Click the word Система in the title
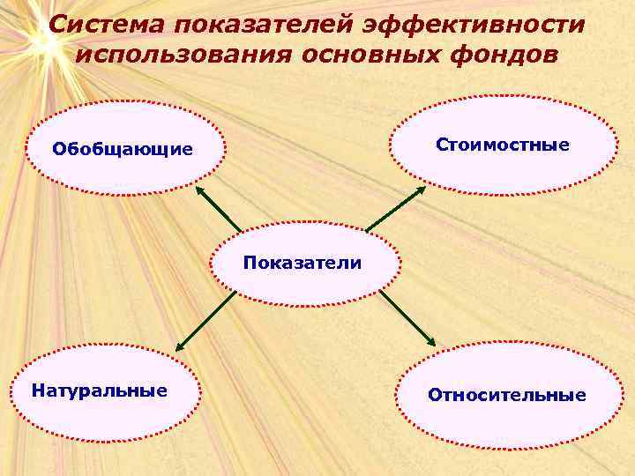[104, 25]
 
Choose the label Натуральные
[99, 390]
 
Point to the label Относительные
[507, 394]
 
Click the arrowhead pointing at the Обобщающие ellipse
[199, 190]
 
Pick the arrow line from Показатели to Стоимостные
[393, 210]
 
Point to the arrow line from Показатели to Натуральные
[207, 321]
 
